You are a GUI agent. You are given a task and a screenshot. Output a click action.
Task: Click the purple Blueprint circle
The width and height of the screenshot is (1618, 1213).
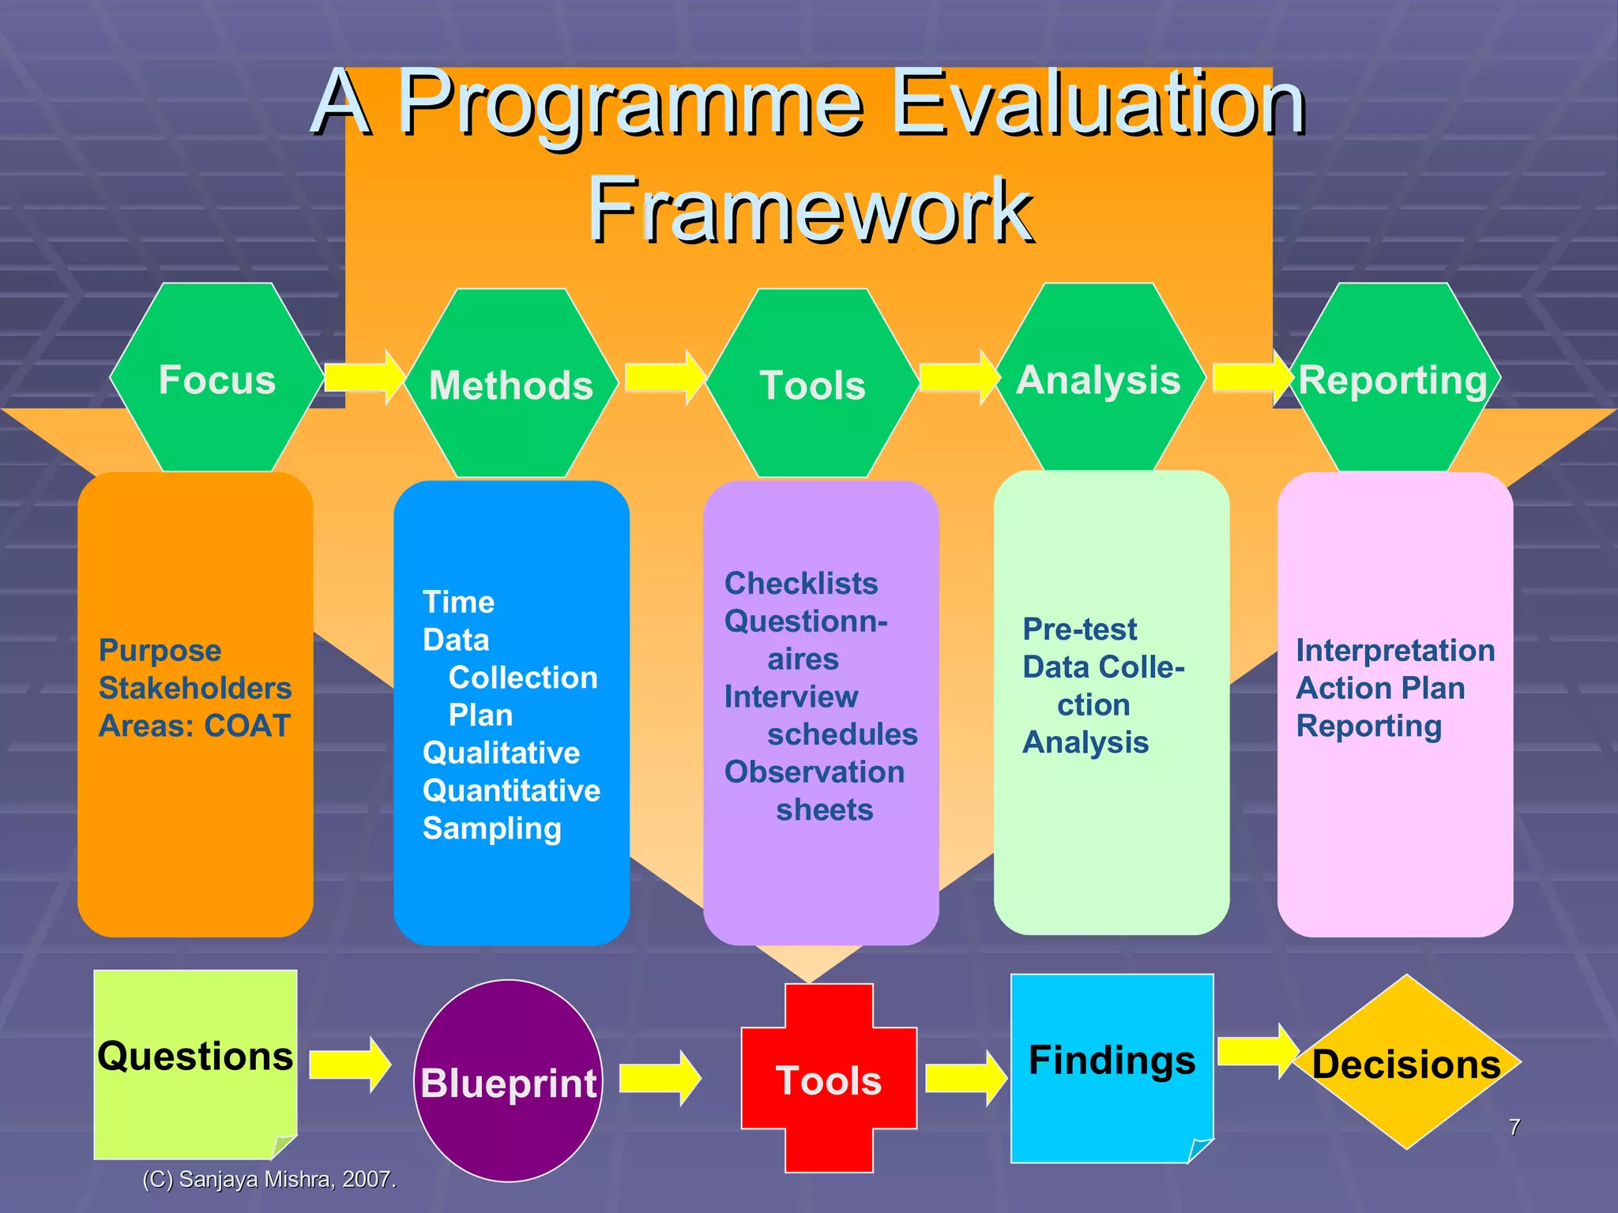509,1081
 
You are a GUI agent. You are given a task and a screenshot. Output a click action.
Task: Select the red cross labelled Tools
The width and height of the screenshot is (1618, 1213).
829,1079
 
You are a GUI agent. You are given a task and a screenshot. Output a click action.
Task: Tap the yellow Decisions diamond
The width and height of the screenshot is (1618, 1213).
1407,1063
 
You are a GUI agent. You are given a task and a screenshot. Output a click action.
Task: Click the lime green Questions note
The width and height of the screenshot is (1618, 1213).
195,1058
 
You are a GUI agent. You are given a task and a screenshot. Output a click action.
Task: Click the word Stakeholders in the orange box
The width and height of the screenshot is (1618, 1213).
195,688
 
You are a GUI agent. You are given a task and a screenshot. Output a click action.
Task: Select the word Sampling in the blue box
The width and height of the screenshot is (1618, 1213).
491,828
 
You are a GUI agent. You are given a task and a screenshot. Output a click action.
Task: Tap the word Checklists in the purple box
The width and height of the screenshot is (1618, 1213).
801,584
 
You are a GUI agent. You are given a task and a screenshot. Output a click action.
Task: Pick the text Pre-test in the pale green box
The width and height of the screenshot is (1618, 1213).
1079,629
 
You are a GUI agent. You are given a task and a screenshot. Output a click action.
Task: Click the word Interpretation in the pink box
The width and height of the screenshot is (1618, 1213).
1395,651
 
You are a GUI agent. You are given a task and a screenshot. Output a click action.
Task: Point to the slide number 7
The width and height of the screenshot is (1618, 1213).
1514,1127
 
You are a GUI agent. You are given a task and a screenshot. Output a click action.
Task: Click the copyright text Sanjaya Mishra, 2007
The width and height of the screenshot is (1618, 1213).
269,1179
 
